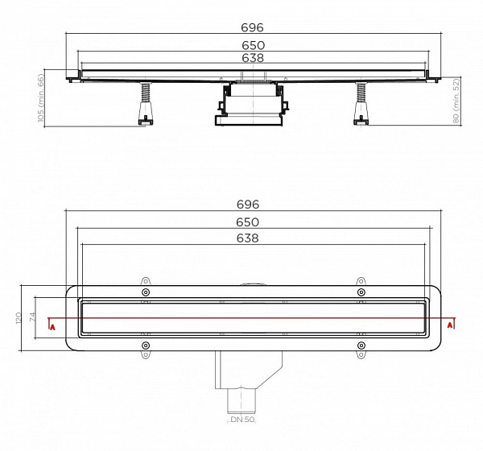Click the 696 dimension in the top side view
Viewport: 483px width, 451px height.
point(254,27)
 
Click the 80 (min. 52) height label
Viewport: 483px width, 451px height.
point(456,101)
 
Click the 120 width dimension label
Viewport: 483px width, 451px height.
point(18,319)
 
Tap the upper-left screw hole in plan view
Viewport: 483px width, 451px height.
point(145,292)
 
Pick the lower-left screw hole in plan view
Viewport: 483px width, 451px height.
point(145,346)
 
